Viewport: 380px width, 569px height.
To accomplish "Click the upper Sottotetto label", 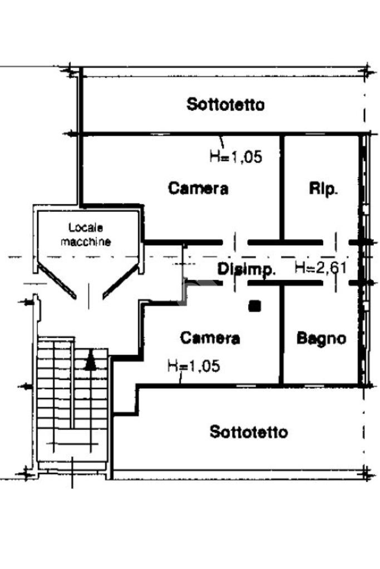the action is [225, 105].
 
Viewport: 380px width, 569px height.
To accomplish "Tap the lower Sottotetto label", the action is [249, 432].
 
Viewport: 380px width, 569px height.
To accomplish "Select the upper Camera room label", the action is [198, 189].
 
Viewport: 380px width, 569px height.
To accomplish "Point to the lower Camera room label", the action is [210, 338].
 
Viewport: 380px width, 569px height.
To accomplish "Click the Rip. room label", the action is [323, 189].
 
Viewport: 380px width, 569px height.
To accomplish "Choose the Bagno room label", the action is [321, 339].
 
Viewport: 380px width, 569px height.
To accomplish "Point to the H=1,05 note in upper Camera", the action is [235, 157].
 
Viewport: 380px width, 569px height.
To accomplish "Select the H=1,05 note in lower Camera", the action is [194, 365].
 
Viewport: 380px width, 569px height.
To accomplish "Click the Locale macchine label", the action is [86, 234].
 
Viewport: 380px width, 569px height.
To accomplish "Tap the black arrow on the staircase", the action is [90, 360].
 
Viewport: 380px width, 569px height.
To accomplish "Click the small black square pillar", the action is [255, 306].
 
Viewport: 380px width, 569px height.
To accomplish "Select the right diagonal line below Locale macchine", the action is [121, 281].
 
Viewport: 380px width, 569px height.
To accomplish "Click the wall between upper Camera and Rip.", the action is [282, 187].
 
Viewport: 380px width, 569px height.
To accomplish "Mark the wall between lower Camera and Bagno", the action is [282, 334].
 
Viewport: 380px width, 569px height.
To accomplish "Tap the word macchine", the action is [86, 241].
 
